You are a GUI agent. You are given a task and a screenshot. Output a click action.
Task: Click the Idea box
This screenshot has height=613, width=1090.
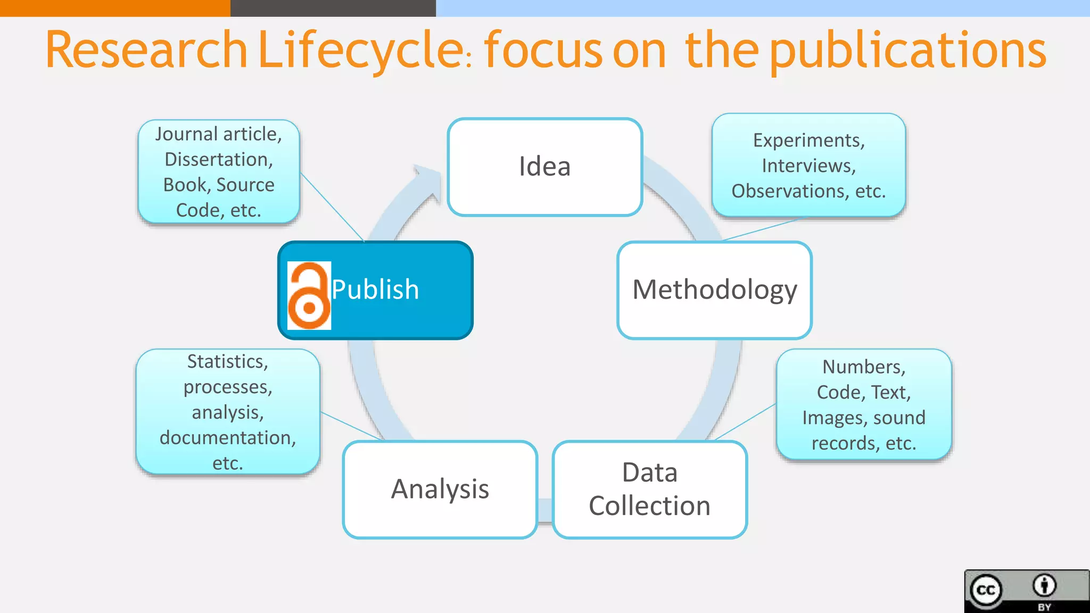point(544,167)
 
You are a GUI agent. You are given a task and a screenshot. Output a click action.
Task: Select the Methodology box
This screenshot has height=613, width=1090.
point(714,290)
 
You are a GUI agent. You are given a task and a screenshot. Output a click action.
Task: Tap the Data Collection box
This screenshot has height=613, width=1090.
point(649,489)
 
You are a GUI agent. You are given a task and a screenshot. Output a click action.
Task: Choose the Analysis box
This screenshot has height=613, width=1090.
point(440,489)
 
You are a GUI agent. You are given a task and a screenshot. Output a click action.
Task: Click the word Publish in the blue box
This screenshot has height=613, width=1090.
point(375,290)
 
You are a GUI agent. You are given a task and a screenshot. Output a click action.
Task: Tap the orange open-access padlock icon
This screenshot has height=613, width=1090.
point(309,296)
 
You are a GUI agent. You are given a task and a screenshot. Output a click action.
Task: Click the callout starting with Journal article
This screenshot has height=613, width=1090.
point(219,171)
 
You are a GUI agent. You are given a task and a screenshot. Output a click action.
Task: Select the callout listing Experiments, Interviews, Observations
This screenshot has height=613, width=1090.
point(808,165)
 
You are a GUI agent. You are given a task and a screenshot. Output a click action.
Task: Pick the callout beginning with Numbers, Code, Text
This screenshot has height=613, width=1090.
point(863,404)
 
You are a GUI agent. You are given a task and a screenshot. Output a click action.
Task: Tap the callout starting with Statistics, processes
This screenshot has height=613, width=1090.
point(228,411)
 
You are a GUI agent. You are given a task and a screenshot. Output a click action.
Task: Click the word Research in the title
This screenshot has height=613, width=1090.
point(146,50)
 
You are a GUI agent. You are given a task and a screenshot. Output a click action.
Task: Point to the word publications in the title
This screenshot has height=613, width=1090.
point(907,51)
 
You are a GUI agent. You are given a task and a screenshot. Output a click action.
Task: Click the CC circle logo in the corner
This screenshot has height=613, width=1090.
point(986,590)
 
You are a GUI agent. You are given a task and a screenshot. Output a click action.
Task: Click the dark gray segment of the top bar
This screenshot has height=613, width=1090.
point(333,8)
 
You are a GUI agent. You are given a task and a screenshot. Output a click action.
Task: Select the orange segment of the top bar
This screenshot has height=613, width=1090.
point(115,8)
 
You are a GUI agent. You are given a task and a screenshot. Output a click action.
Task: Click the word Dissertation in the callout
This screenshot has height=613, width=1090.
point(219,159)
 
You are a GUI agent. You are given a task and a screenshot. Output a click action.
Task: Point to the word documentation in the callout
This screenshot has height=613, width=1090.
point(227,437)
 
